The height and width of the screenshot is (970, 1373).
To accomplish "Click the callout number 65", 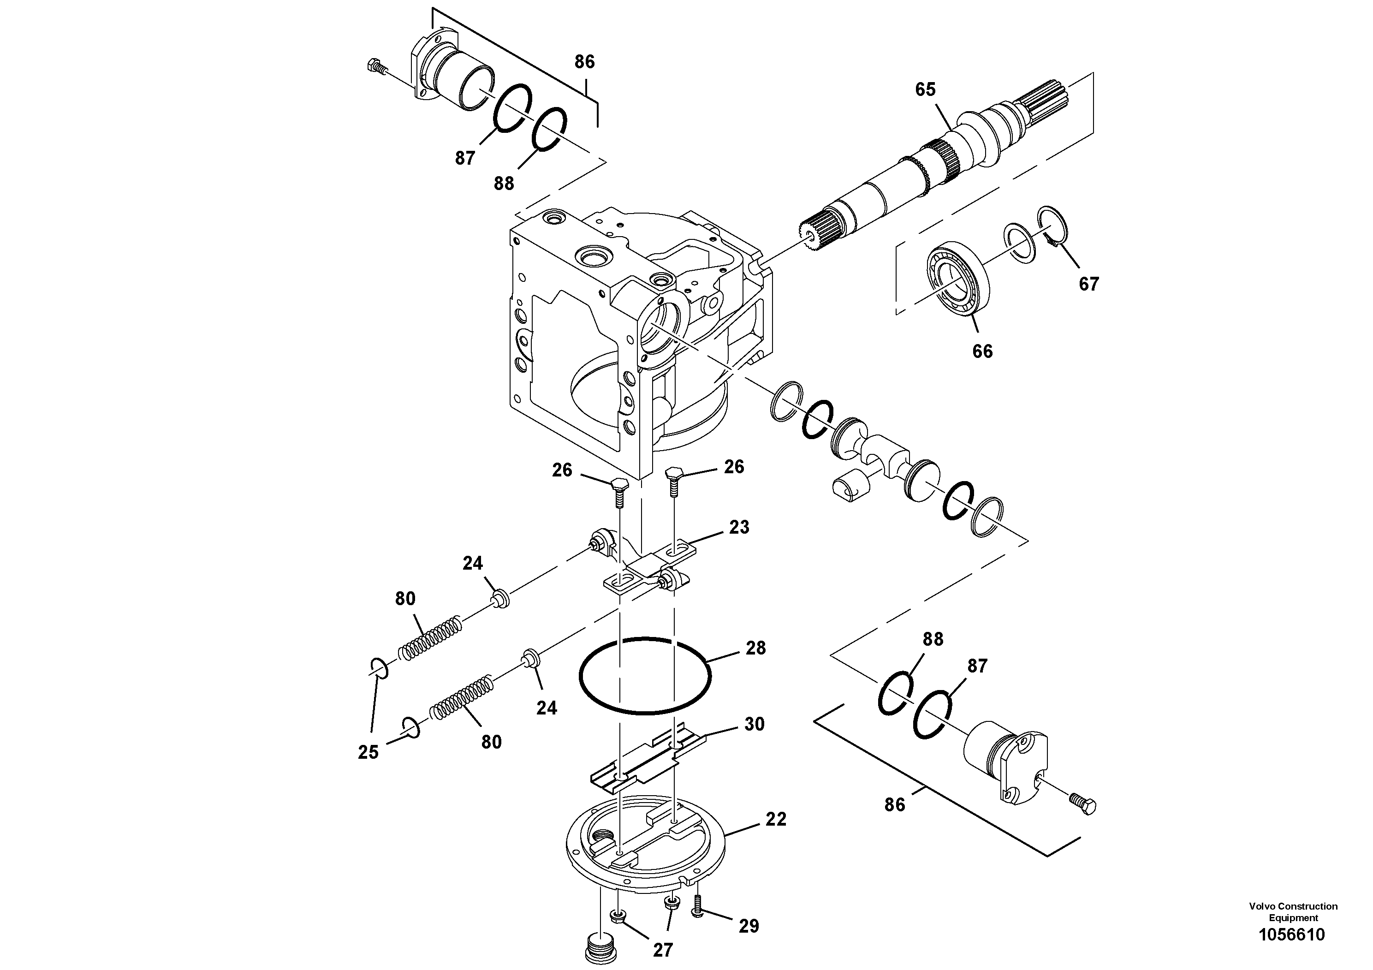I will tap(925, 89).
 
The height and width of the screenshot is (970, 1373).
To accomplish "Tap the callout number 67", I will tap(1088, 284).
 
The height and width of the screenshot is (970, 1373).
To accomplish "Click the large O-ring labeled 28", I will tap(645, 676).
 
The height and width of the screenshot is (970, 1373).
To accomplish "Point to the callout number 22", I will tap(776, 819).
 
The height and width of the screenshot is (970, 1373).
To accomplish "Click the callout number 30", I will tap(754, 724).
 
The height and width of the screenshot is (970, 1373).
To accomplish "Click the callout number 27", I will tap(663, 950).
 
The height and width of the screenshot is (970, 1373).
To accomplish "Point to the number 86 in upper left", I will tap(584, 62).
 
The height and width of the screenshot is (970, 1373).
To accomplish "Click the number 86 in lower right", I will tap(895, 805).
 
